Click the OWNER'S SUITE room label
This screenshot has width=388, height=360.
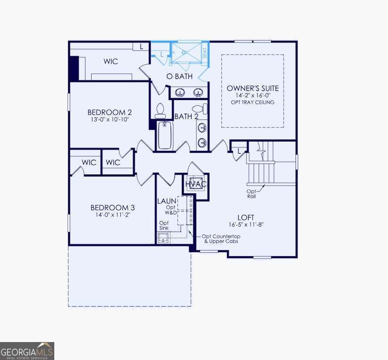[253, 88]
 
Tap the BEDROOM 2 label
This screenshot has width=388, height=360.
[110, 112]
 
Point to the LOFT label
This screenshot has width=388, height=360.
[246, 217]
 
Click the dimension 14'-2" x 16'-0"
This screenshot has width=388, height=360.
[253, 95]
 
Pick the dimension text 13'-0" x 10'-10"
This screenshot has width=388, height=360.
[110, 120]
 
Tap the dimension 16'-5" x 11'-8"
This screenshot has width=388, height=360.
[246, 224]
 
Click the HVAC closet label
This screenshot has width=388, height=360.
[196, 184]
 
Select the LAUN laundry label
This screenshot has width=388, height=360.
[167, 201]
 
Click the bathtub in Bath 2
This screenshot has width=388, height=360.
[165, 135]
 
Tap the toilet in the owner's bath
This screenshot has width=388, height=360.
[160, 110]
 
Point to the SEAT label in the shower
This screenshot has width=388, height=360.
[205, 52]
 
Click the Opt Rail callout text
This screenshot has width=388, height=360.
[252, 194]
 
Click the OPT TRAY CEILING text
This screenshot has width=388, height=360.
[253, 102]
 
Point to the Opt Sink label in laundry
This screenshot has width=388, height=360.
[164, 225]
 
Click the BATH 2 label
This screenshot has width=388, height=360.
[186, 116]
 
